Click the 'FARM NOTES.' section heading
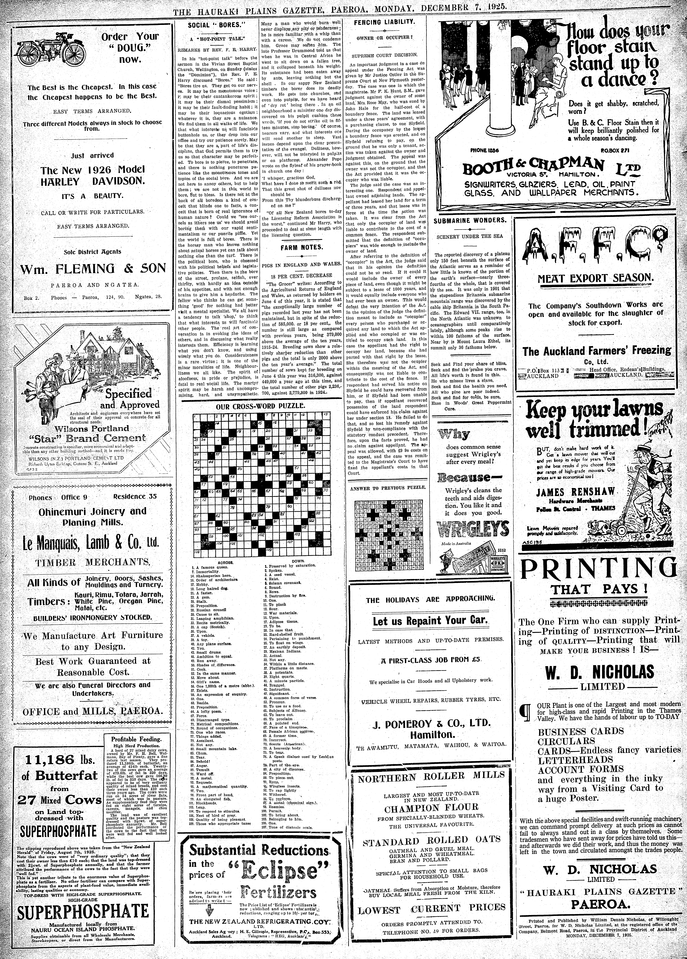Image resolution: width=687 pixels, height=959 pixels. coord(301,247)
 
